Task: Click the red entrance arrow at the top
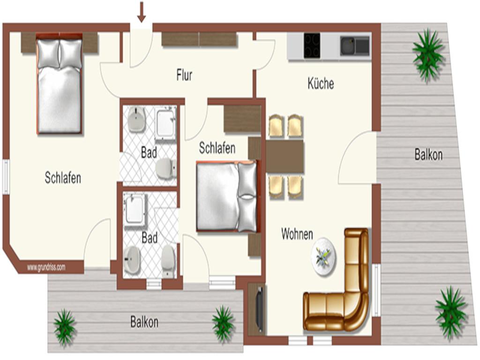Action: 141,12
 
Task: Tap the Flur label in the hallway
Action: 184,75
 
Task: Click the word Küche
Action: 321,83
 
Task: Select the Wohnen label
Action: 297,234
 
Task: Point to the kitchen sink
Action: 354,46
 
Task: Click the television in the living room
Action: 260,309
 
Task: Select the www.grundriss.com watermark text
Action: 46,267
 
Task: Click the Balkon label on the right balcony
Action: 428,155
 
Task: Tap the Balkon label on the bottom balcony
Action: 144,322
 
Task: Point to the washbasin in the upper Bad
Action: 136,120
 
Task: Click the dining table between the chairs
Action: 285,157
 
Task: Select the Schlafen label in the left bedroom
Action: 63,178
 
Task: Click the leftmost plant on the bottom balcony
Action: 65,327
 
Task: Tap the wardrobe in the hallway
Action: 199,39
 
